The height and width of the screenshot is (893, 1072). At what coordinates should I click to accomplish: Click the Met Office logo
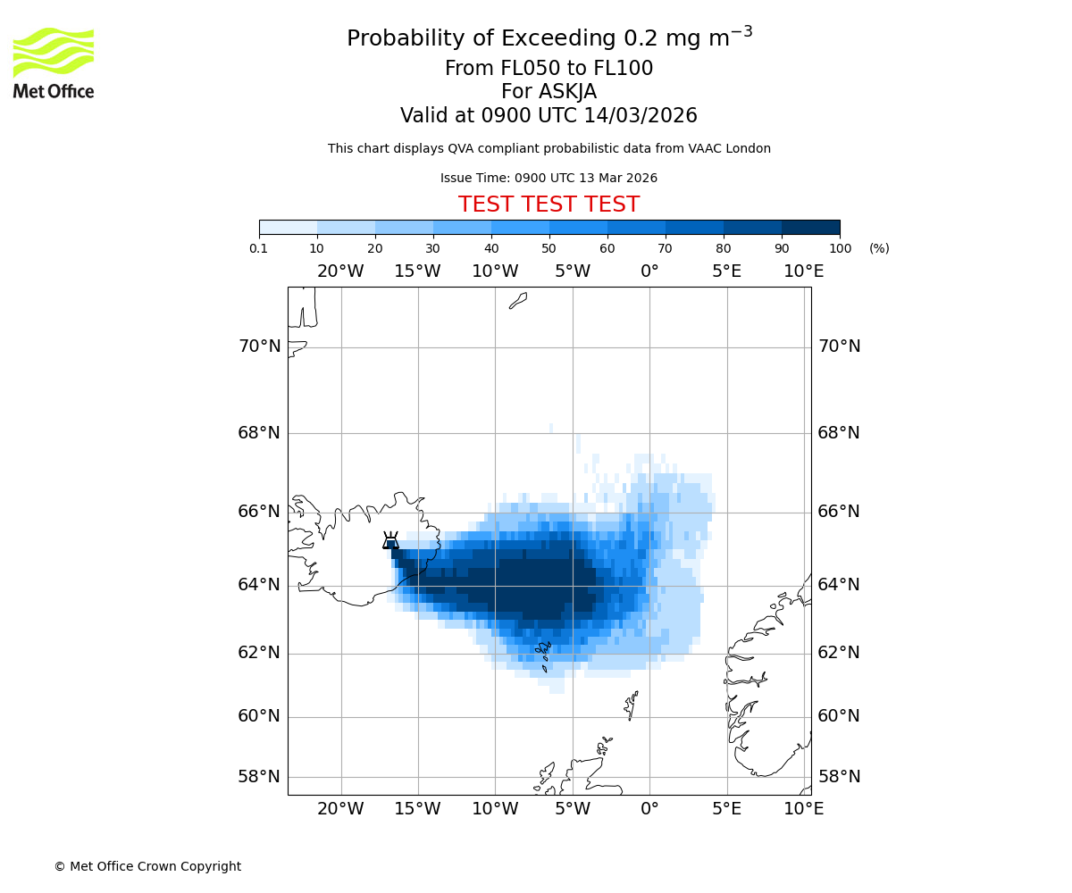point(54,63)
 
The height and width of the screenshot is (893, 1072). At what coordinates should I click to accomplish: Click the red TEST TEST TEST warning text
point(549,204)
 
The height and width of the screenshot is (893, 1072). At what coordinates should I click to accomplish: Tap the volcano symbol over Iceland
point(390,540)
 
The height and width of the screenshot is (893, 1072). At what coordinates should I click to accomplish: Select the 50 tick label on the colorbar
point(549,248)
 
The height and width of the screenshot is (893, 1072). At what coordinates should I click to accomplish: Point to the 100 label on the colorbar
point(839,248)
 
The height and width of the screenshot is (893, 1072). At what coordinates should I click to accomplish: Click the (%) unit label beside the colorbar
point(879,248)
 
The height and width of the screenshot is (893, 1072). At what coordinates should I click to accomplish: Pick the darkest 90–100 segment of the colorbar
point(810,227)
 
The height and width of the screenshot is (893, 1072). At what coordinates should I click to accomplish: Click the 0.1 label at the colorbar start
point(259,248)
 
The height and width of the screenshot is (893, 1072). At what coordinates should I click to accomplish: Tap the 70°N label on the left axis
point(259,346)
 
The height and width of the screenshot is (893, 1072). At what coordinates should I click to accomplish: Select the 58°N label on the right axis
point(839,777)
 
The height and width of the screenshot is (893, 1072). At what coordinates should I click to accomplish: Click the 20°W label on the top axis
point(340,271)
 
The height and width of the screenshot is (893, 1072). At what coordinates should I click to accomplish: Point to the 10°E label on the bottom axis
point(804,809)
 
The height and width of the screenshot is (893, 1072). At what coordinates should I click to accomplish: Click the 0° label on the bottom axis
point(649,809)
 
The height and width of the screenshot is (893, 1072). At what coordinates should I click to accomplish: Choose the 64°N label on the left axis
point(259,585)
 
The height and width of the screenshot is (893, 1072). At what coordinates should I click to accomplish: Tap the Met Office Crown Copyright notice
point(147,866)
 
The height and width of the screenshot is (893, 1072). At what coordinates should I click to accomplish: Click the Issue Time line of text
point(549,178)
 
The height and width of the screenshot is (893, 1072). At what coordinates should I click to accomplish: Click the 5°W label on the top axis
point(573,271)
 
